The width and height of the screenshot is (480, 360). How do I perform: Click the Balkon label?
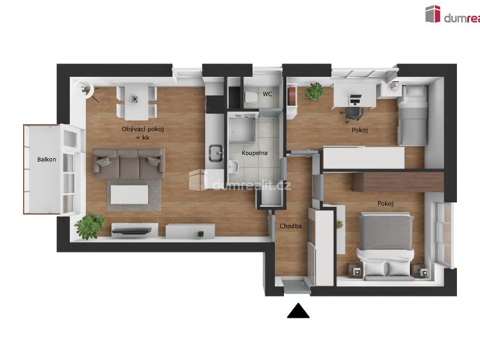(x=46, y=160)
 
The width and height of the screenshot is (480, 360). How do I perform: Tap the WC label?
(x=267, y=94)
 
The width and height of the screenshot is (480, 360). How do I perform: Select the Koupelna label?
(x=254, y=153)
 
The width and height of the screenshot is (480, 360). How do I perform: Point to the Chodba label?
(x=290, y=226)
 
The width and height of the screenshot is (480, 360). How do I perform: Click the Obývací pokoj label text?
(x=142, y=129)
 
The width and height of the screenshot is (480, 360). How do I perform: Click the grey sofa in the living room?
(x=128, y=163)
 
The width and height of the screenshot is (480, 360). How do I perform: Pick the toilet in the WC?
(x=251, y=96)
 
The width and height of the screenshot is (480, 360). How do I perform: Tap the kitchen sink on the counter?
(x=214, y=152)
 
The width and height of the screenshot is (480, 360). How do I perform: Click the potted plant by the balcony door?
(x=90, y=225)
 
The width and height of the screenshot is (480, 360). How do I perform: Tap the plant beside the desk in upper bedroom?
(x=314, y=91)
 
